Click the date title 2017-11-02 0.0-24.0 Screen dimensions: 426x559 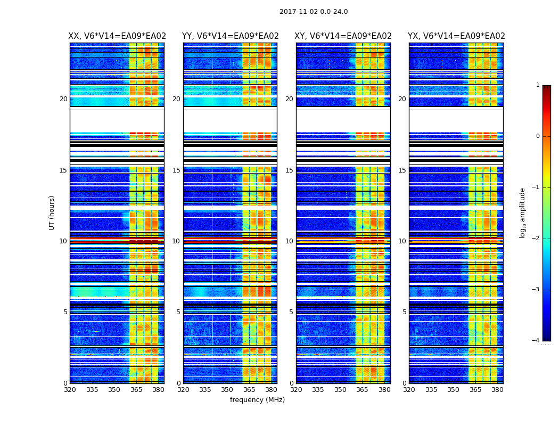point(314,12)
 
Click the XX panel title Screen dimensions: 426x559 point(117,36)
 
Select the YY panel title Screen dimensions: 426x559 point(230,36)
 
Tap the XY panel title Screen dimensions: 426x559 point(343,36)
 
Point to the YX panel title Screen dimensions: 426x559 point(456,36)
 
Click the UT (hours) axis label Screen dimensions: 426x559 point(52,212)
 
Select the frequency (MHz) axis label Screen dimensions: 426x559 point(257,400)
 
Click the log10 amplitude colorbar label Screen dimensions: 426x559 point(523,212)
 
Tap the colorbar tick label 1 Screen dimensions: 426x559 point(538,85)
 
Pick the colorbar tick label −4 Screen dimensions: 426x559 point(537,341)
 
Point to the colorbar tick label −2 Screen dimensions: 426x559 point(537,239)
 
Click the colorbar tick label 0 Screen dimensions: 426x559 point(538,136)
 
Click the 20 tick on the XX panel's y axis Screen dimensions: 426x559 point(63,99)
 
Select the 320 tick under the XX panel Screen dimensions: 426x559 point(70,390)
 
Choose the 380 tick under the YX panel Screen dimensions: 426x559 point(497,390)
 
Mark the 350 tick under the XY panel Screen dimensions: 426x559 point(340,390)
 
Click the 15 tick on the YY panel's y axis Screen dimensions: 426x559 point(176,170)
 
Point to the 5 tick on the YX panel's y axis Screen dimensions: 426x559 point(404,312)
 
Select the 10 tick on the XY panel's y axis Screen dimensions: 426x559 point(289,241)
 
